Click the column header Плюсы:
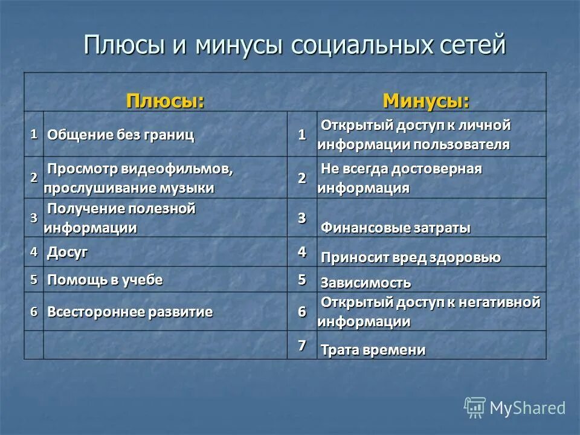(x=164, y=100)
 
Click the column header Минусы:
(x=426, y=100)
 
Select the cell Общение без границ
(x=121, y=135)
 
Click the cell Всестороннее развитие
(x=130, y=312)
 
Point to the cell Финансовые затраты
(x=395, y=228)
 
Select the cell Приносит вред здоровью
(x=410, y=257)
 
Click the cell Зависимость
(x=366, y=283)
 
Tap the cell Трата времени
(x=373, y=350)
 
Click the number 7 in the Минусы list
(x=301, y=346)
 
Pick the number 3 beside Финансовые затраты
(x=301, y=219)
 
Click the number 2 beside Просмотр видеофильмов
(x=34, y=178)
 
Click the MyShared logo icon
(x=475, y=408)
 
